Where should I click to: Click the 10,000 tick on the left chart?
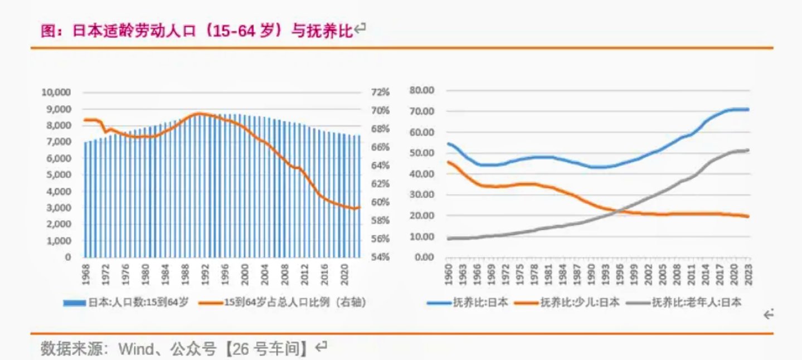(56, 92)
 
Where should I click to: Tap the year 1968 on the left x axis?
(86, 274)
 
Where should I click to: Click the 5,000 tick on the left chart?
(58, 174)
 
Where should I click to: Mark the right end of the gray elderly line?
(748, 150)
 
